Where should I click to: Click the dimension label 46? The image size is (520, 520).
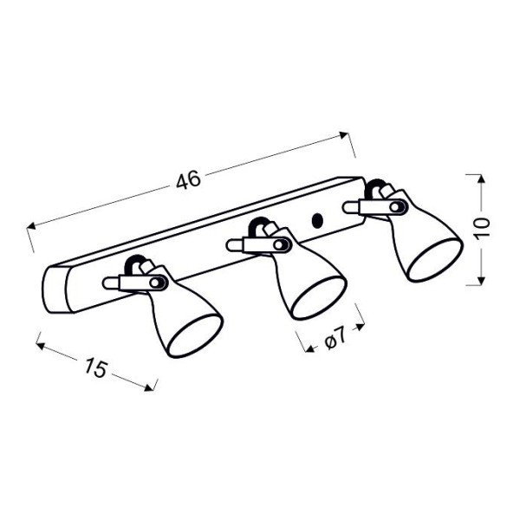click(x=188, y=179)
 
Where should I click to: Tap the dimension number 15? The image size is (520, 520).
click(x=96, y=367)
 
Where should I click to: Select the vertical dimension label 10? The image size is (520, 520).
click(x=482, y=229)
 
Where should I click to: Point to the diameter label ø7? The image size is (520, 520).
click(x=335, y=339)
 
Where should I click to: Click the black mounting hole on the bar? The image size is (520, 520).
click(x=318, y=221)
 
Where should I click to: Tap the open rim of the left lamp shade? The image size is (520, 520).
click(x=195, y=335)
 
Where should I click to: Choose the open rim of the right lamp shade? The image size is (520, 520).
click(x=435, y=259)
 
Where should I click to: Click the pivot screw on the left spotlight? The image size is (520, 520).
click(x=155, y=283)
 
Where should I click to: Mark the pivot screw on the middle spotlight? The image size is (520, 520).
click(x=278, y=245)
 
